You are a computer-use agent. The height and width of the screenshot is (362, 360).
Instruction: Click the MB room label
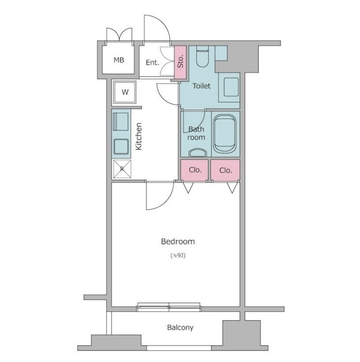coord(119,60)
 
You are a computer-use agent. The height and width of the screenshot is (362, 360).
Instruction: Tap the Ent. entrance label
coord(152,62)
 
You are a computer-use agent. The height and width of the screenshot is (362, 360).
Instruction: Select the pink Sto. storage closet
coord(180,62)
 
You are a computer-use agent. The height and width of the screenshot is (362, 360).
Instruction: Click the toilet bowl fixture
coord(202,56)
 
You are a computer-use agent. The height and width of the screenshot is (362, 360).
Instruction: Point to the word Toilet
coord(201,86)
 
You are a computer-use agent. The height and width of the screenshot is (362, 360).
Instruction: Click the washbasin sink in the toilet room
coord(231,87)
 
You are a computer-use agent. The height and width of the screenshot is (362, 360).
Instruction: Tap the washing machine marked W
coord(125,92)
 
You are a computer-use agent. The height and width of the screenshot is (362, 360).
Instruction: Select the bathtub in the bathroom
coord(225,134)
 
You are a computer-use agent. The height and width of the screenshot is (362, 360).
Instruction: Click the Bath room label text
coord(196,133)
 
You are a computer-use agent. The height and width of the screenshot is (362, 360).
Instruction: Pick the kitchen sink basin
coord(121,146)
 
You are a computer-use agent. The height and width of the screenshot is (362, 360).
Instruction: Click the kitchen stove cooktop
coord(121,122)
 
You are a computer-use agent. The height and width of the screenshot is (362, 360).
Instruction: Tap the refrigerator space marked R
coord(122,169)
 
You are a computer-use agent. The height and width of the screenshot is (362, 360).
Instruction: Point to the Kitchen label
coord(139,137)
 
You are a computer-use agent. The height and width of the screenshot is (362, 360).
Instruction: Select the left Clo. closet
coord(194,170)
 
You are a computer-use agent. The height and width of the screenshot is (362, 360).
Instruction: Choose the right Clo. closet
coord(225,170)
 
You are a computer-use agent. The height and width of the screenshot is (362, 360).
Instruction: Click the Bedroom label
coord(178,241)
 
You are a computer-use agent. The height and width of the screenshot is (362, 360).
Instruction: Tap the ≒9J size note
coord(178,256)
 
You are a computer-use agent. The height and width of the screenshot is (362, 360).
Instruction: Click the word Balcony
coord(180,327)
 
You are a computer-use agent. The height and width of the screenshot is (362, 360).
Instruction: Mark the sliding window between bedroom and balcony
coord(169,307)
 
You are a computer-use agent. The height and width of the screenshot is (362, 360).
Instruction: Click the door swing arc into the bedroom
coord(165,204)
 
